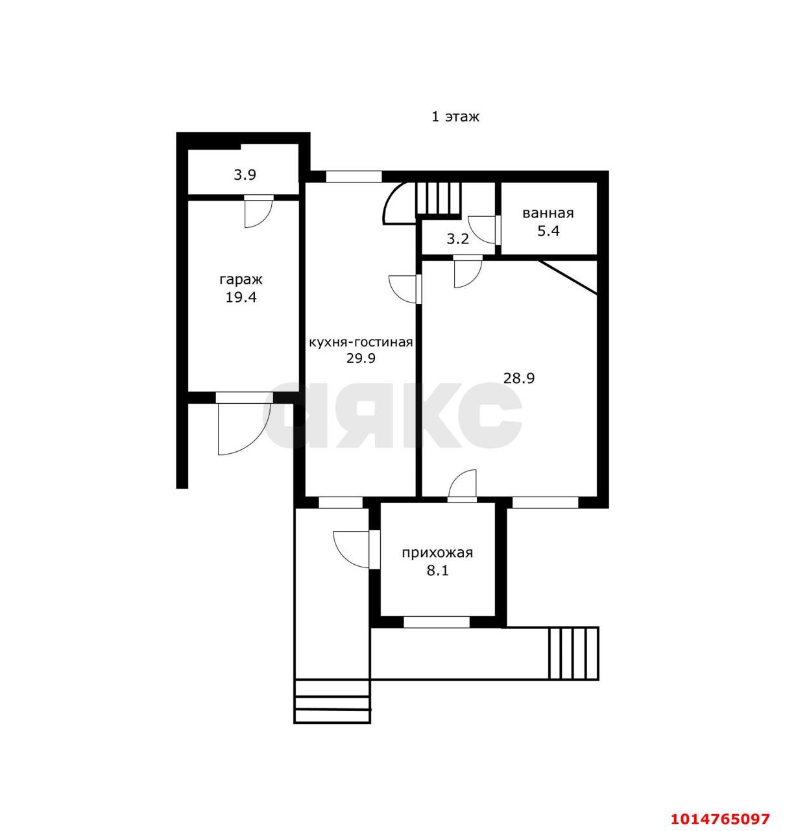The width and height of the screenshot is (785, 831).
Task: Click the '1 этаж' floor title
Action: click(455, 117)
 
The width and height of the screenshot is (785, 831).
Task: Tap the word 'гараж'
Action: click(241, 279)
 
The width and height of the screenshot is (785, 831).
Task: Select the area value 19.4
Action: click(241, 297)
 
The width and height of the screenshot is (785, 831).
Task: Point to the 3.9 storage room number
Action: click(245, 175)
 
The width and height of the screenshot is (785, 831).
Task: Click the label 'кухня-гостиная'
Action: click(361, 341)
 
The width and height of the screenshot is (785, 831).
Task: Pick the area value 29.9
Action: click(361, 358)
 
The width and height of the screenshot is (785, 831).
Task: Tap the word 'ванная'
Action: click(548, 213)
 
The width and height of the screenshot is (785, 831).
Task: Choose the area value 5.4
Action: click(548, 231)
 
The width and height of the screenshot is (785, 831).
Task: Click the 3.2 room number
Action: click(458, 240)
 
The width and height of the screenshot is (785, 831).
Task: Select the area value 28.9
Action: click(519, 378)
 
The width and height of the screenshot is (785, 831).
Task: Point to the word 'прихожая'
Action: click(437, 553)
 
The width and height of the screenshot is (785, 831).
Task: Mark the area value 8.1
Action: click(437, 571)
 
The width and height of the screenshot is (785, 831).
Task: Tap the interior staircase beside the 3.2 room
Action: click(439, 199)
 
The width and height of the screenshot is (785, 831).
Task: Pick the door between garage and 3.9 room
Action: click(258, 212)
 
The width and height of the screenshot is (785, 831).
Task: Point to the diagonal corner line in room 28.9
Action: click(567, 277)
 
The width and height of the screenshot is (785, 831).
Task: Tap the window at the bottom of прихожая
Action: click(437, 622)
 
